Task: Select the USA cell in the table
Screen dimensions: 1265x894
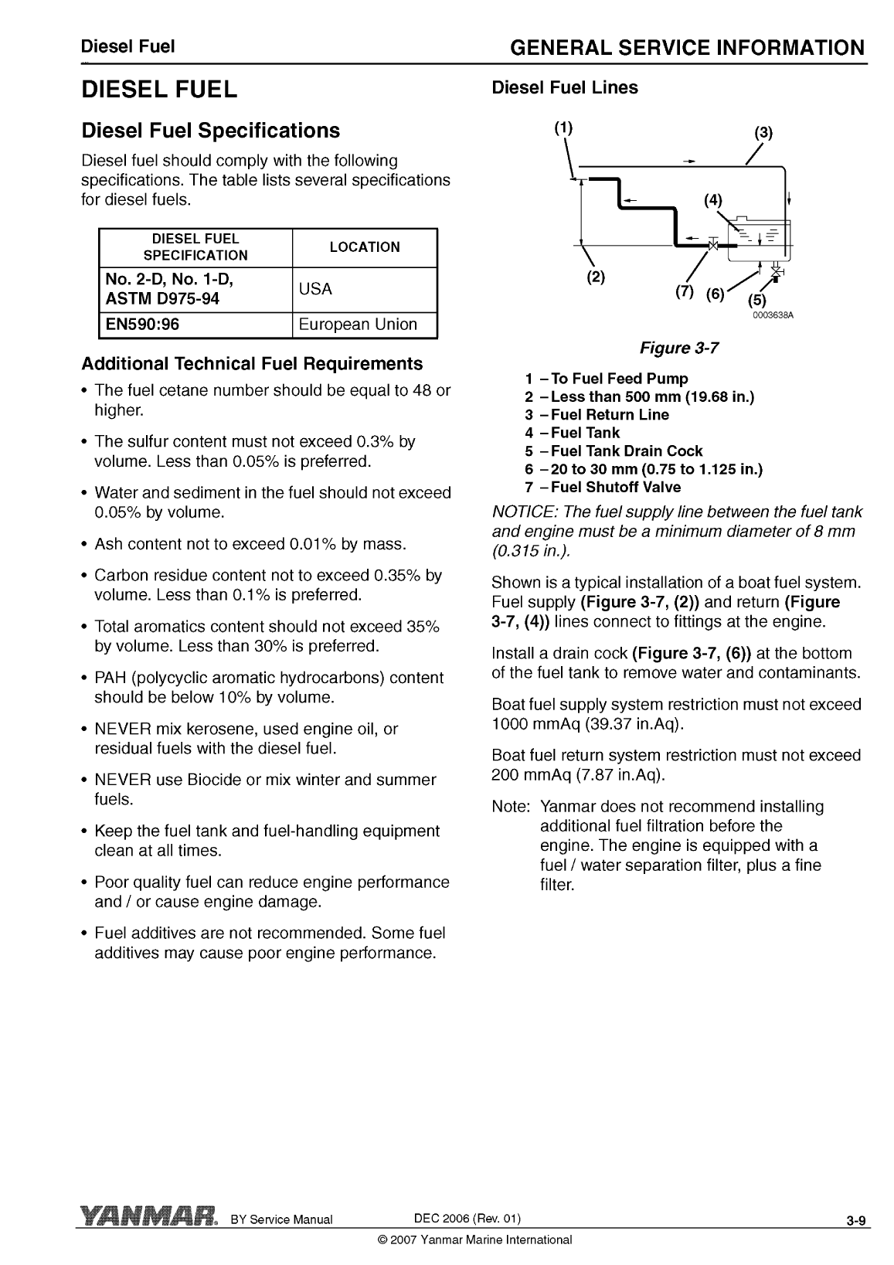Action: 315,289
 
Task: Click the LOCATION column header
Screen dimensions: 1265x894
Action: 365,247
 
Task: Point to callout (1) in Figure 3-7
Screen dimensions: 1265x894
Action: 564,128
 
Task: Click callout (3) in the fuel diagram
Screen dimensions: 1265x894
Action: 763,132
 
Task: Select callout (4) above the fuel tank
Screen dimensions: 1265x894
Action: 712,200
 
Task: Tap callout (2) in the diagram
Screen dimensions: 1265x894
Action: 596,276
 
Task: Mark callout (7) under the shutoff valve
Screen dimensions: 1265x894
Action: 685,291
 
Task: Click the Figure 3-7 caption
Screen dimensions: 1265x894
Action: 679,348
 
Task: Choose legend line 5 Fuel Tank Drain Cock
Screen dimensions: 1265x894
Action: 614,451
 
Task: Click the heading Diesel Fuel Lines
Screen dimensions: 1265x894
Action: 565,88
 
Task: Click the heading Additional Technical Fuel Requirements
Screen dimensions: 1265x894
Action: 252,363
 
